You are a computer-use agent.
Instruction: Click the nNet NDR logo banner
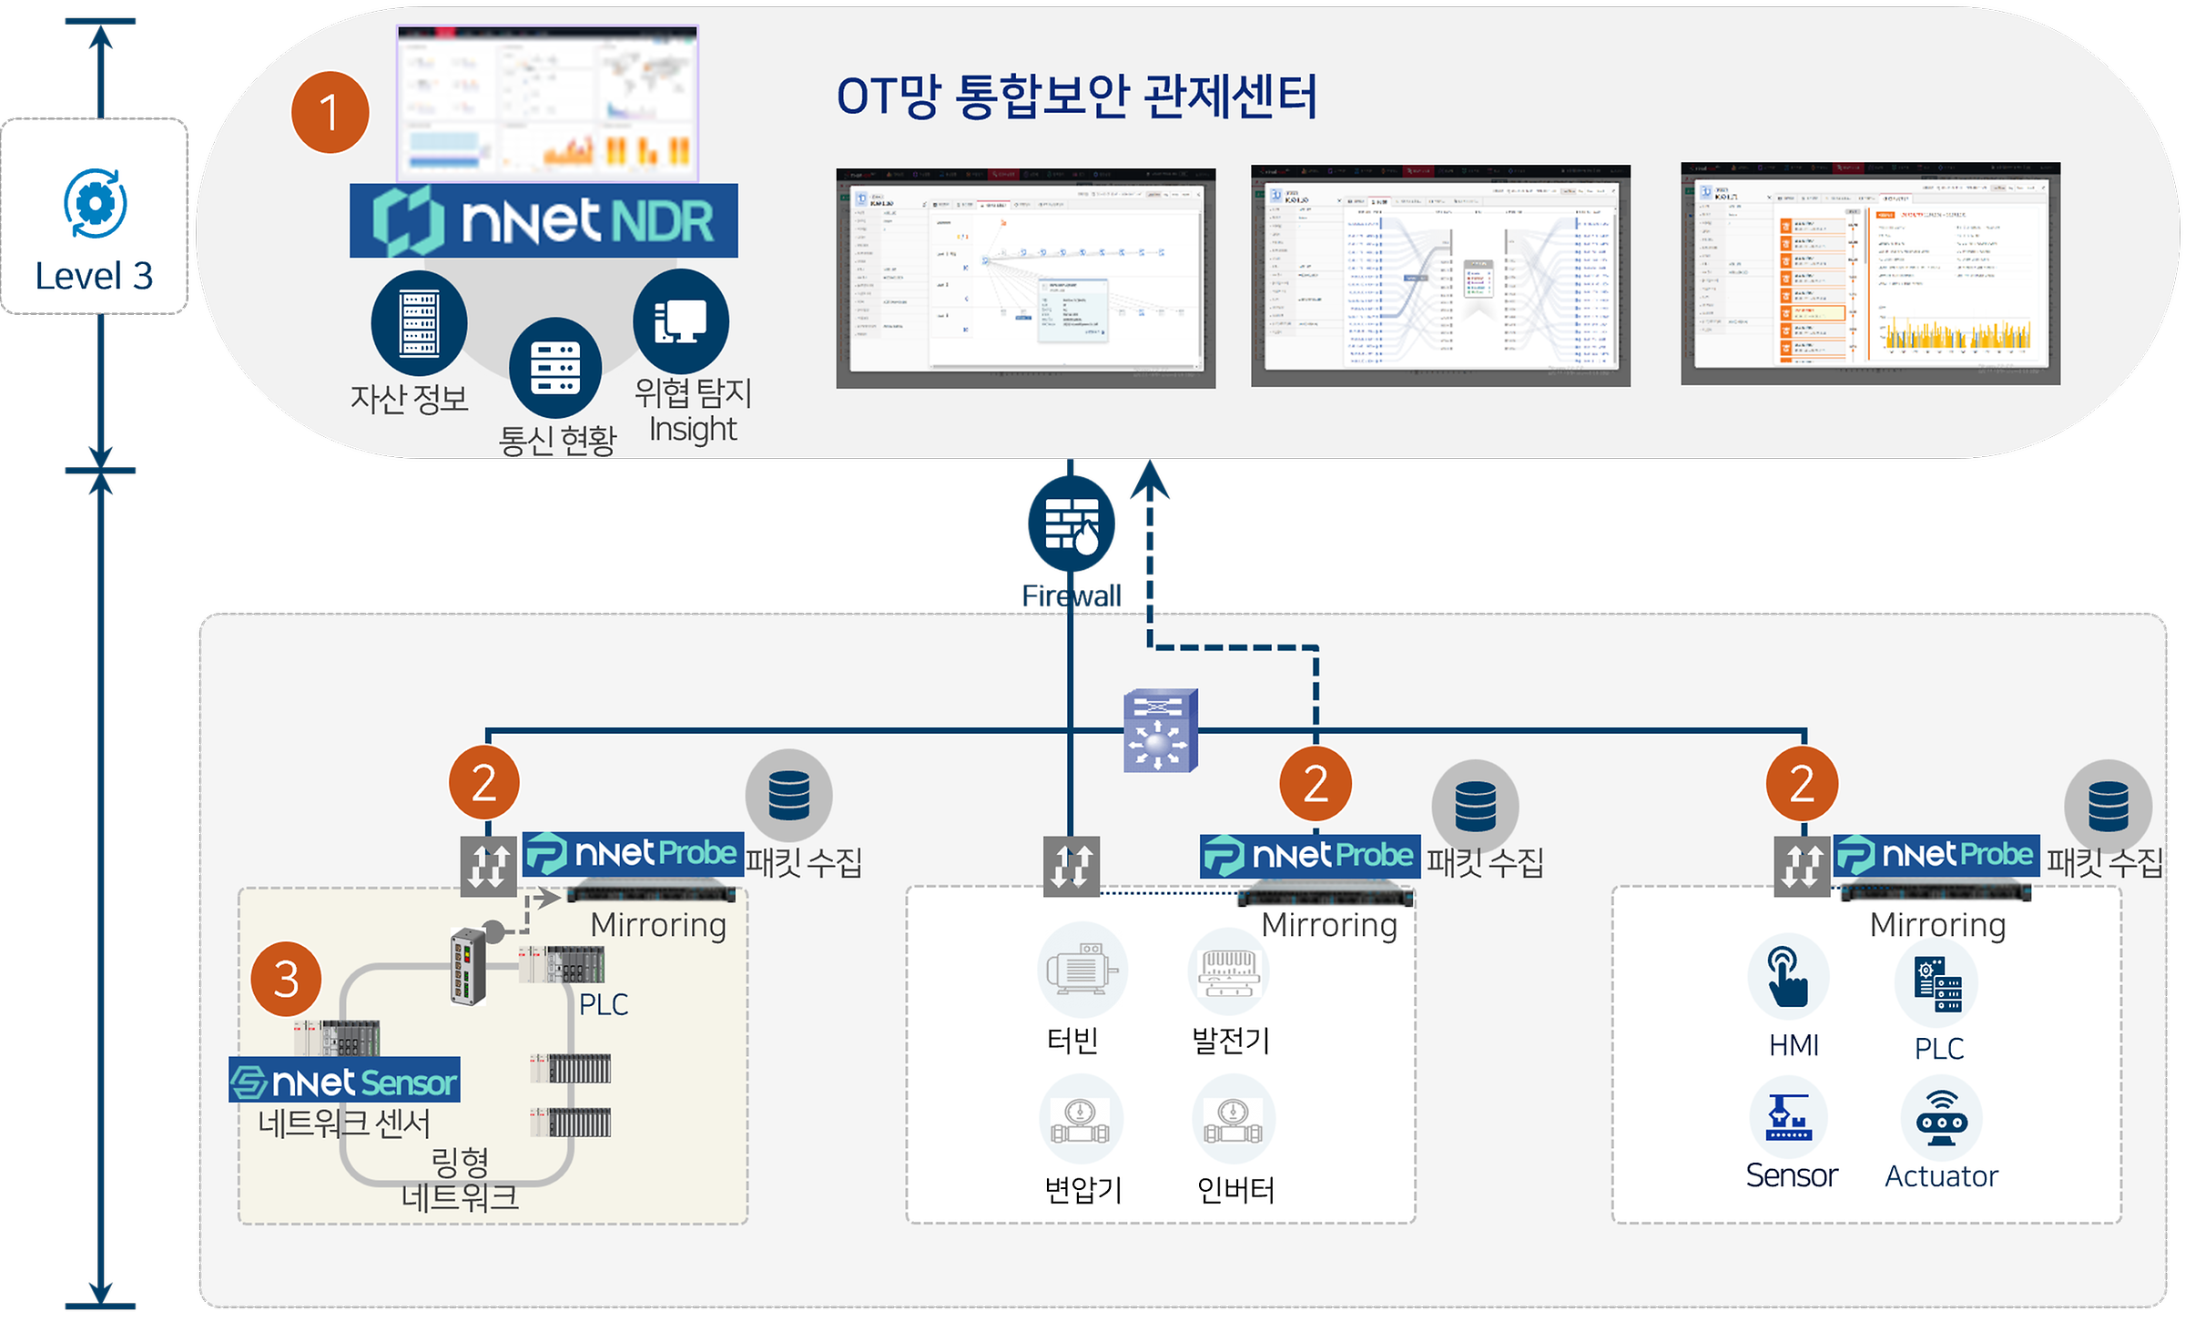[x=544, y=221]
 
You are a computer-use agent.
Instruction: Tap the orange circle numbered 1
[x=330, y=113]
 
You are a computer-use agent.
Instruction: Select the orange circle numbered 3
[x=286, y=979]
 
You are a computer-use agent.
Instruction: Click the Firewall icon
[x=1072, y=524]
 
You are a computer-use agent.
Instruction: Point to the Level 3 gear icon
[x=95, y=203]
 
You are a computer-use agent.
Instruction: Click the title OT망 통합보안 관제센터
[x=1076, y=97]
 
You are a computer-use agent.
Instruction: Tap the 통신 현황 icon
[x=555, y=368]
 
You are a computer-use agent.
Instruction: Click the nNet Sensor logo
[x=344, y=1082]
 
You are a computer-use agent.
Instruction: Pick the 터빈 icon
[x=1082, y=971]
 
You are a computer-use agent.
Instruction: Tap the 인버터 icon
[x=1234, y=1120]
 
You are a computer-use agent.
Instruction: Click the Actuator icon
[x=1941, y=1118]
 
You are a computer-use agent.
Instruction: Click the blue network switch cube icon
[x=1160, y=730]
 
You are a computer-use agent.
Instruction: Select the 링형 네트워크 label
[x=460, y=1179]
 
